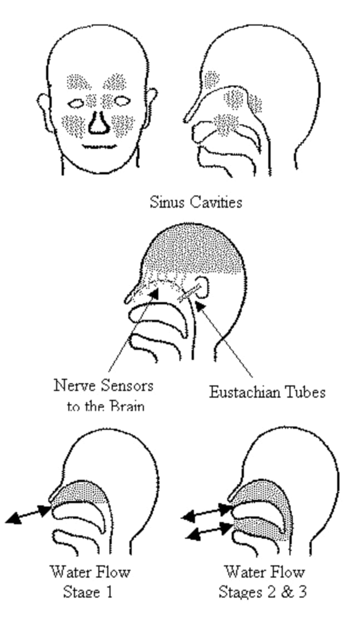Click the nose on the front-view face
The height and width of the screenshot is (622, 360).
(x=98, y=123)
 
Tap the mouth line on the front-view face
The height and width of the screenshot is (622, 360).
(x=98, y=147)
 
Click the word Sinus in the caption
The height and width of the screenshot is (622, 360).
(x=165, y=202)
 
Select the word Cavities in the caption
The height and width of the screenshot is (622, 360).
(x=214, y=202)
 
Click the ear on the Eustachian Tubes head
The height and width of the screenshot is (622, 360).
(x=203, y=287)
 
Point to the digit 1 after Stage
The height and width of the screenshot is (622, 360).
(x=109, y=592)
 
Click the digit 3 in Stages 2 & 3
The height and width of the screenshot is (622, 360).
(x=301, y=592)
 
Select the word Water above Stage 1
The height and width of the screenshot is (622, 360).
(x=69, y=571)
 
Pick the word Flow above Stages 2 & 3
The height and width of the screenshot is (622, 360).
(x=288, y=571)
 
